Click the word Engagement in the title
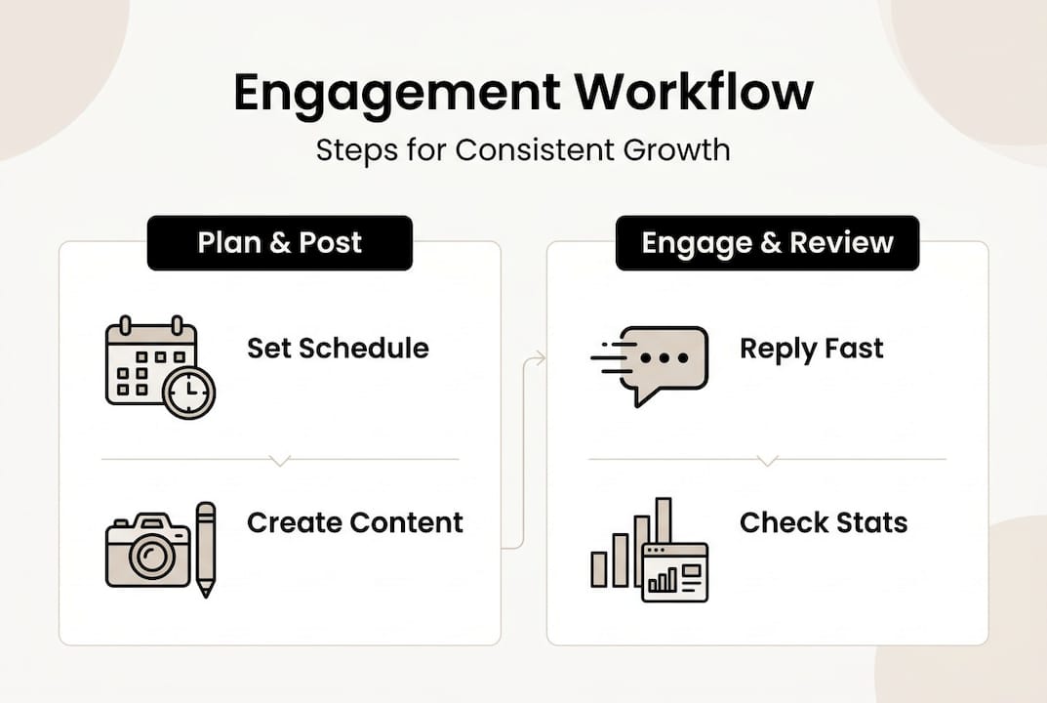pyautogui.click(x=396, y=94)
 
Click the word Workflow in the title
pyautogui.click(x=694, y=92)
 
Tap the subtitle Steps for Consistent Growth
pyautogui.click(x=523, y=150)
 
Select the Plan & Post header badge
pyautogui.click(x=280, y=243)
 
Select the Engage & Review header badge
pyautogui.click(x=767, y=243)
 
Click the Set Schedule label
pyautogui.click(x=338, y=349)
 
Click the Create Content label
pyautogui.click(x=355, y=522)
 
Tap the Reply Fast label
pyautogui.click(x=812, y=349)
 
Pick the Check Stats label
pyautogui.click(x=824, y=522)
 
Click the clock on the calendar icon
pyautogui.click(x=188, y=393)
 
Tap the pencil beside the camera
pyautogui.click(x=205, y=549)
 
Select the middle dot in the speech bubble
pyautogui.click(x=665, y=358)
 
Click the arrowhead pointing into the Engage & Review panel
pyautogui.click(x=540, y=359)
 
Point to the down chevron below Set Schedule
pyautogui.click(x=280, y=461)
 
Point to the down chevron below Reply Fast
pyautogui.click(x=768, y=461)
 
